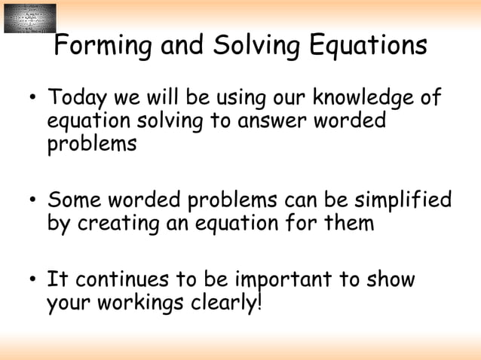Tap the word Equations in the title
(x=369, y=47)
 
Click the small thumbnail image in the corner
(x=30, y=18)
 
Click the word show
(x=389, y=280)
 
